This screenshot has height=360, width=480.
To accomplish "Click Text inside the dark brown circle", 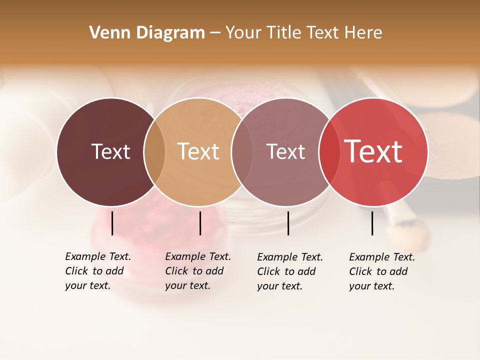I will point(110,151).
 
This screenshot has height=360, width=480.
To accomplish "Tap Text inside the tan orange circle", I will point(198,151).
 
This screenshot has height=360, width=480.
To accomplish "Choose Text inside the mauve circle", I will point(285,151).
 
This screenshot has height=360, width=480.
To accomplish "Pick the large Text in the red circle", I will point(373,151).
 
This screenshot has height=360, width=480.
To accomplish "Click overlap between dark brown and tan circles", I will point(154,152).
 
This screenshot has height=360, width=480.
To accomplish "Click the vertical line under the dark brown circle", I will point(112,223).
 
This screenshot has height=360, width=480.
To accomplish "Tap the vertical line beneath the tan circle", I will point(200,223).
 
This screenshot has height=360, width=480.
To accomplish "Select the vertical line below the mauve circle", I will point(288,223).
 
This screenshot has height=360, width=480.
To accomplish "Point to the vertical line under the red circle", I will point(372,223).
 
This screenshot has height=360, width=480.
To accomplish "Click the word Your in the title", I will point(244,33).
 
